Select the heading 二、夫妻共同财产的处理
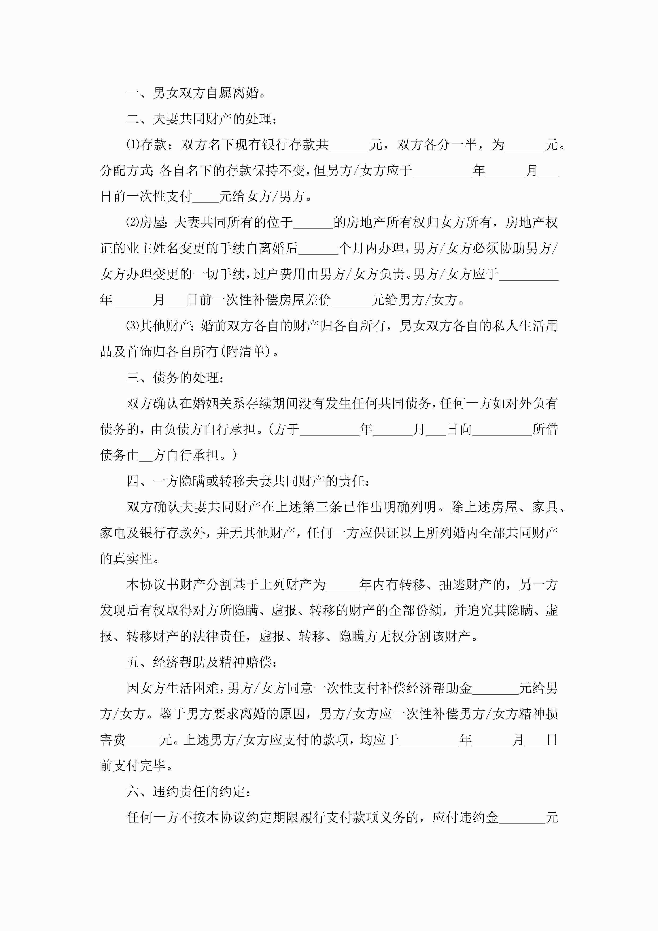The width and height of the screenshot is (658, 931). [202, 119]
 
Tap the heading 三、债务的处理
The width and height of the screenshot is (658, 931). [175, 377]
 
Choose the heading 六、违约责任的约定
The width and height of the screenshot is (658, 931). [189, 791]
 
